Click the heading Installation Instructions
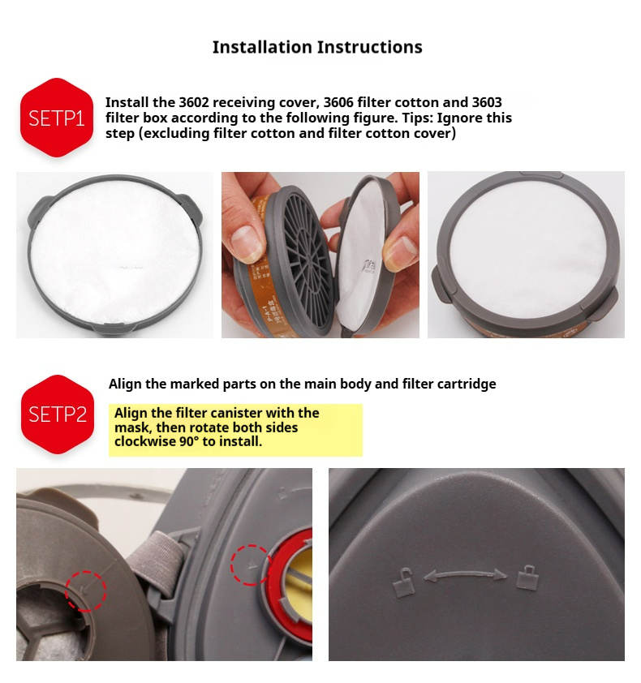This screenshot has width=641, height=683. (x=317, y=47)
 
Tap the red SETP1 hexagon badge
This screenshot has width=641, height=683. (x=57, y=117)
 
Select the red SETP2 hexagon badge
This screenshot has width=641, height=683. (x=58, y=415)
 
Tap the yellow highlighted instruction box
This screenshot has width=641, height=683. (x=235, y=430)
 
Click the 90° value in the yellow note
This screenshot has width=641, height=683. (x=189, y=442)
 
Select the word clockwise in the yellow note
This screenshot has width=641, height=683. (x=145, y=442)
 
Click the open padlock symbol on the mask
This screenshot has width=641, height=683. (x=402, y=582)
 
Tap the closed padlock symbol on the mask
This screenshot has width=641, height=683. (x=527, y=578)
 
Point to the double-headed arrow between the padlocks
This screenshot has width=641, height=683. (x=465, y=574)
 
